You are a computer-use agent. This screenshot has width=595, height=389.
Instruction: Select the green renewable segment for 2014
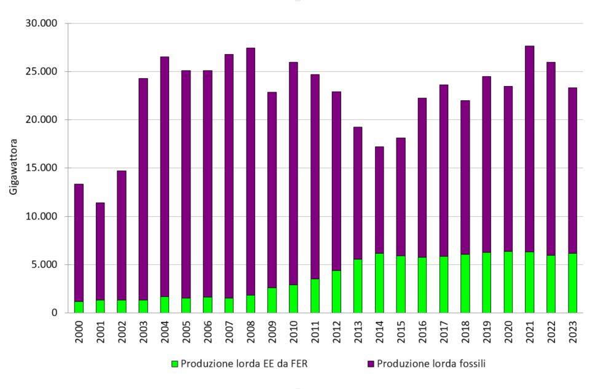point(379,283)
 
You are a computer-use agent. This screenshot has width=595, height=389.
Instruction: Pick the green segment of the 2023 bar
point(572,283)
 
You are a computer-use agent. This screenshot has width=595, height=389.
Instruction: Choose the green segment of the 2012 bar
point(336,292)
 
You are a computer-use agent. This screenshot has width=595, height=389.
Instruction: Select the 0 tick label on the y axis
point(53,313)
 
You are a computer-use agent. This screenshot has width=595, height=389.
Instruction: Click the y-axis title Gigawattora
point(14,168)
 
